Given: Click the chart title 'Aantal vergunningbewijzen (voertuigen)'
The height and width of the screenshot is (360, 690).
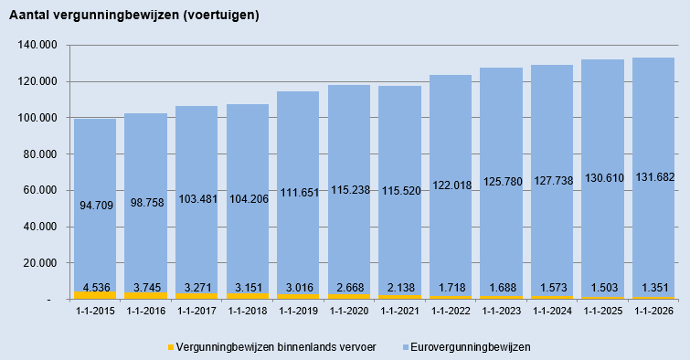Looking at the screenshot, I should coord(132,16).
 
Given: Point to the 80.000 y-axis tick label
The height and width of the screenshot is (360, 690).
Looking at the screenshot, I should coord(38,154).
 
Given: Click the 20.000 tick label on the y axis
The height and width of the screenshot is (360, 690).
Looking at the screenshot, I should coord(38,263).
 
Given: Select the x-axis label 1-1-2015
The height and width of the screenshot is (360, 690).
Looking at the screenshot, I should coord(94,312).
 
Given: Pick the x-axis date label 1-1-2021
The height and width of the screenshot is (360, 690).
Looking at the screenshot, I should coord(399,312).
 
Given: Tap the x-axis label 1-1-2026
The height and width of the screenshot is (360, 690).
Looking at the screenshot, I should coord(653,312).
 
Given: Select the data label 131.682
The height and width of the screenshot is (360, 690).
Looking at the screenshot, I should coord(653,202).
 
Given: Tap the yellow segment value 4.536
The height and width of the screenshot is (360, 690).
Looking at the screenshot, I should coord(95,287).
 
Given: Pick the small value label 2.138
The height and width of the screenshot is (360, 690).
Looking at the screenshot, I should coord(399,287).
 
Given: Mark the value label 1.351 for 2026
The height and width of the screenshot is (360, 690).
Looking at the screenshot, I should coord(653,287).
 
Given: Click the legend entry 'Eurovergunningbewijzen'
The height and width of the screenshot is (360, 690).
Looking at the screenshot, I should coord(471,347).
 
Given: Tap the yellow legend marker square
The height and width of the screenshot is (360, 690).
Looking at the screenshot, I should coord(171,347).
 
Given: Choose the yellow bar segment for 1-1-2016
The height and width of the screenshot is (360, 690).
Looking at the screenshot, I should coord(146,295).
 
